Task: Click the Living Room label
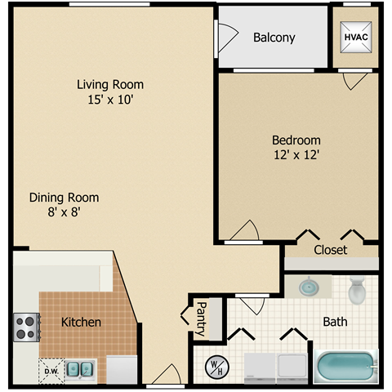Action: [x=110, y=84]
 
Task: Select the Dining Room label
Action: [x=64, y=197]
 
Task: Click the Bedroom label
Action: [x=296, y=140]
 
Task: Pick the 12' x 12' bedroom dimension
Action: [x=296, y=154]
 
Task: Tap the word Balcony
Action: [x=274, y=38]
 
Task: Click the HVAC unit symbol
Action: [x=355, y=38]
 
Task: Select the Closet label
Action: [x=330, y=249]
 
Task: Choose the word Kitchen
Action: [x=82, y=322]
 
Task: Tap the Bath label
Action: [x=335, y=322]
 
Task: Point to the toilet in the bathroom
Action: [x=357, y=291]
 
